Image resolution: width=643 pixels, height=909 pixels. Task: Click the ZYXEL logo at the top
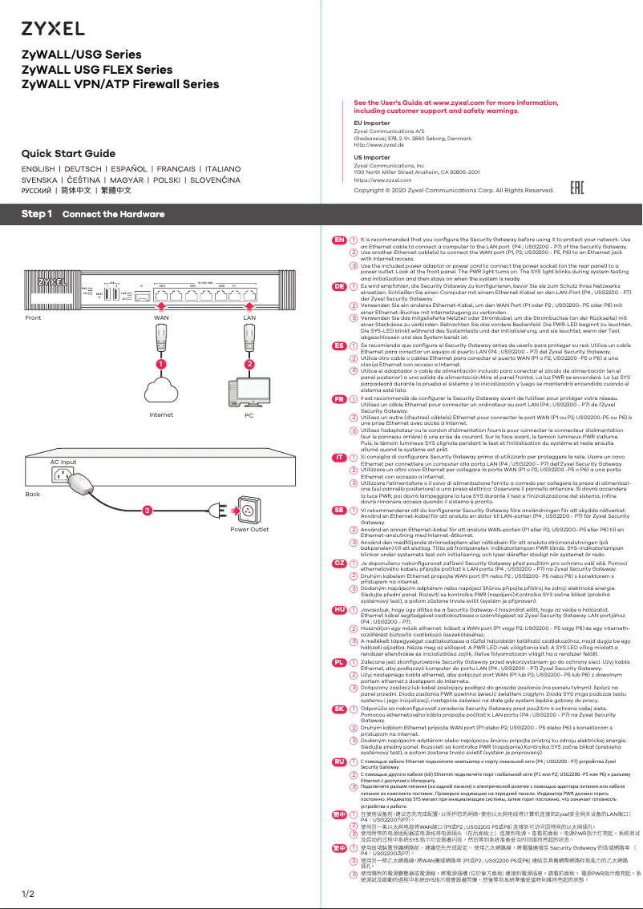click(x=53, y=29)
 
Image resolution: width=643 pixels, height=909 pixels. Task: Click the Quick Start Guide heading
click(x=68, y=153)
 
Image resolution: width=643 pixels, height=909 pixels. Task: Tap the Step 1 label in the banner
click(x=37, y=214)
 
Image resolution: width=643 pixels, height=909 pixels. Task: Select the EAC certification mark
click(x=576, y=189)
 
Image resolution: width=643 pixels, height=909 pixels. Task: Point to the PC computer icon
click(x=249, y=392)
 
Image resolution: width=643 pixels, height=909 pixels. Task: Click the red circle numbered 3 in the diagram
click(x=146, y=510)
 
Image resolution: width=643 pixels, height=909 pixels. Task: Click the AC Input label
click(x=63, y=463)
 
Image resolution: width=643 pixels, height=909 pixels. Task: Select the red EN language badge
click(x=339, y=240)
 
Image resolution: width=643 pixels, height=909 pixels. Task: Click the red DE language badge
click(x=339, y=286)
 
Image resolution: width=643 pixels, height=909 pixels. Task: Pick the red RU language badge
click(x=339, y=760)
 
